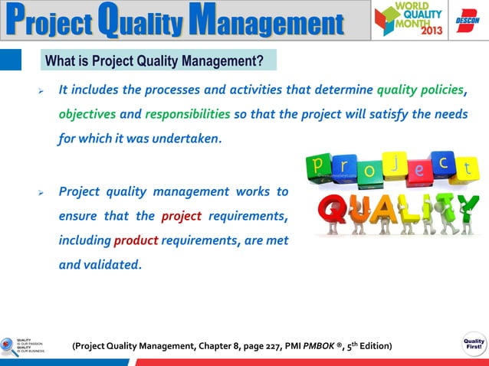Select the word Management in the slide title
(x=269, y=21)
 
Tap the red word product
(x=136, y=241)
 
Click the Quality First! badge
(x=473, y=343)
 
